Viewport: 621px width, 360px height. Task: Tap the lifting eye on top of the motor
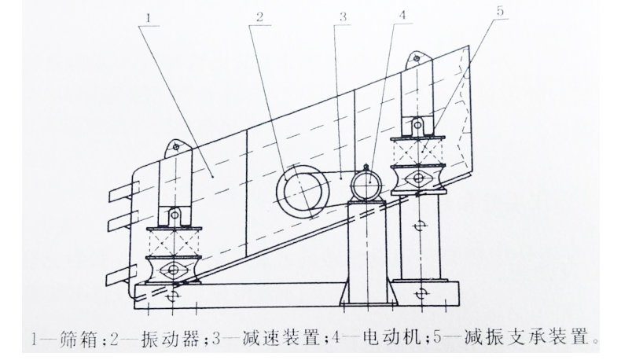[366, 165]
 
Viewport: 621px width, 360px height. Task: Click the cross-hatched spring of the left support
[174, 239]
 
